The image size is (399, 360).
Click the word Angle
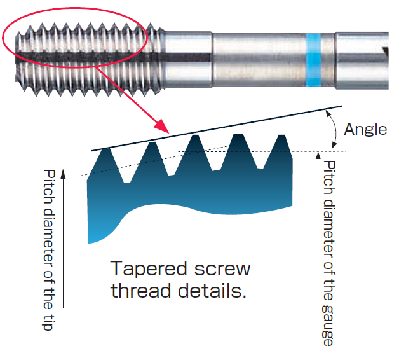(365, 129)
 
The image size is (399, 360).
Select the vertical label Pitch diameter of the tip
(47, 249)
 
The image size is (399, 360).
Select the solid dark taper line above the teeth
(216, 128)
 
